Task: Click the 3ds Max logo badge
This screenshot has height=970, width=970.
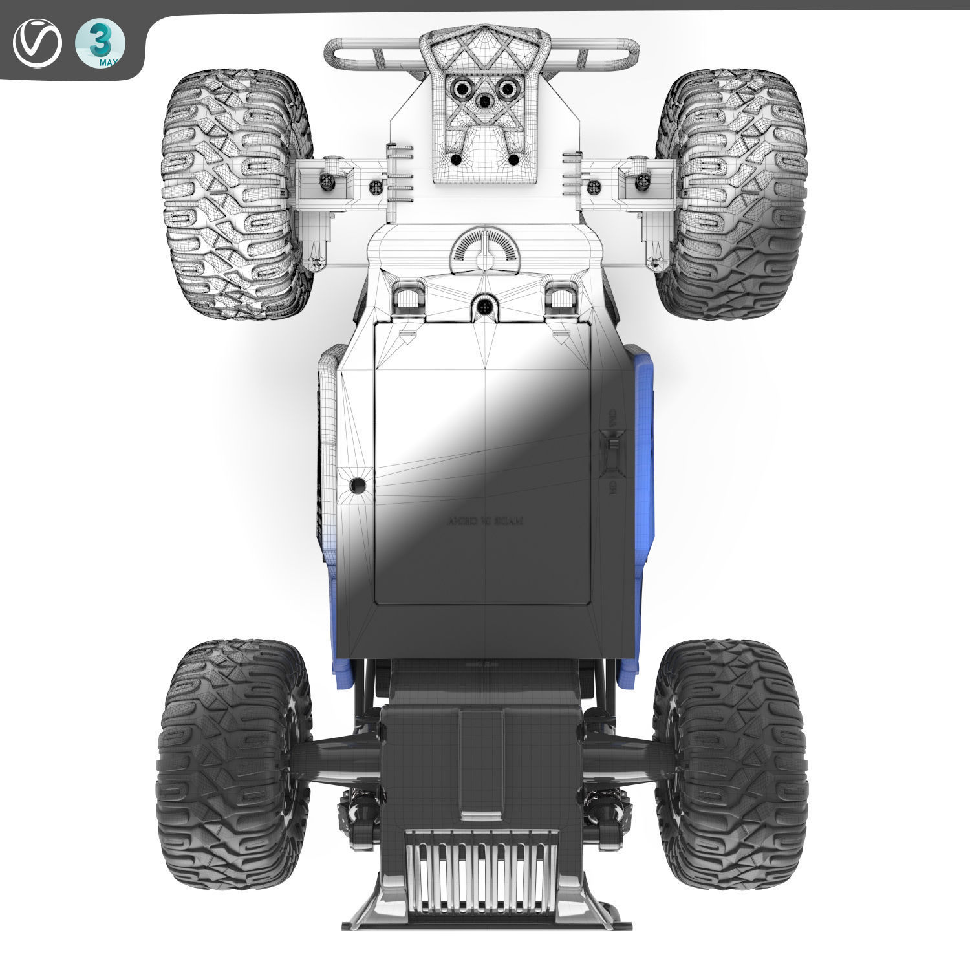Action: (x=100, y=44)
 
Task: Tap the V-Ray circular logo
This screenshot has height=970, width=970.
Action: (x=38, y=44)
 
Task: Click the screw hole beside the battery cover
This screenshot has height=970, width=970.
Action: (x=357, y=485)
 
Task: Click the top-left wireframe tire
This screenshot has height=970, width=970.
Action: (x=236, y=194)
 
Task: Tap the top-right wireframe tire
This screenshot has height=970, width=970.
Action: (x=732, y=194)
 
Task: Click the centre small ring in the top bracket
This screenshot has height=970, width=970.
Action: (x=482, y=100)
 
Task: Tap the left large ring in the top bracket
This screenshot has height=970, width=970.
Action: (x=461, y=88)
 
